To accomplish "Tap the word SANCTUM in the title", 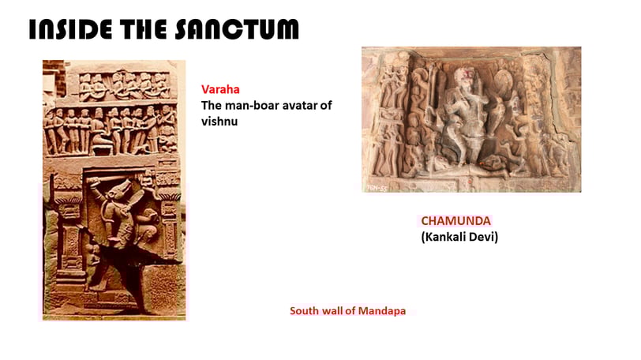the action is click(237, 29).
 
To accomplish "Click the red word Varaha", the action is click(220, 89).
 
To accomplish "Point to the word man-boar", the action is click(250, 106).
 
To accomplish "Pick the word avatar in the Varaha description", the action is click(298, 106).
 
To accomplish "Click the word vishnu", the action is click(219, 122).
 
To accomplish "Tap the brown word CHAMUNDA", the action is click(455, 221).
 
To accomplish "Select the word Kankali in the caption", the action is click(445, 237).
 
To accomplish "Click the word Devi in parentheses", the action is click(485, 237).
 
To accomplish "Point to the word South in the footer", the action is click(305, 311).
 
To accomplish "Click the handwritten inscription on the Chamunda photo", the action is click(377, 188).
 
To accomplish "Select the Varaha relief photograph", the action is click(114, 190).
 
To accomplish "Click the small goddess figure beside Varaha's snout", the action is click(148, 182).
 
